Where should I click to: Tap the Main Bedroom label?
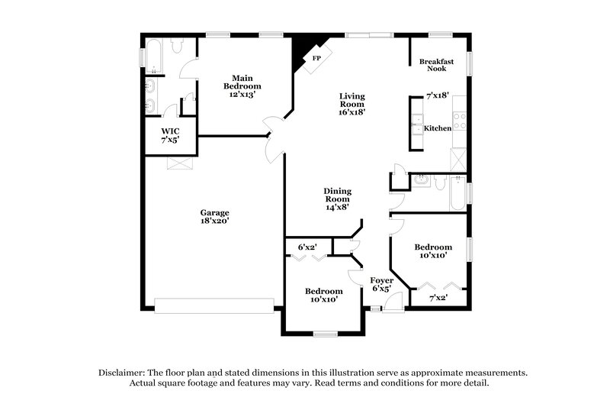point(242,86)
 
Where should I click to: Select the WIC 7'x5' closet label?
point(169,136)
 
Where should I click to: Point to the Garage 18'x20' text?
point(214,217)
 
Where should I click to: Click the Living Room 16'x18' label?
point(352,103)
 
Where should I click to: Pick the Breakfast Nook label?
point(438,65)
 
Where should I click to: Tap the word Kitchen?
point(438,128)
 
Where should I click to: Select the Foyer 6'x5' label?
point(381,285)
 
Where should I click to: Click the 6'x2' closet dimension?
point(307,247)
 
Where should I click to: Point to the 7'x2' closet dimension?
point(438,297)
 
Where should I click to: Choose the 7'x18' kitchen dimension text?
point(438,96)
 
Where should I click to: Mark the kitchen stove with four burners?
point(460,121)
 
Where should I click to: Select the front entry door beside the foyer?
point(393,304)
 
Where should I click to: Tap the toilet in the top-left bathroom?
point(178,46)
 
